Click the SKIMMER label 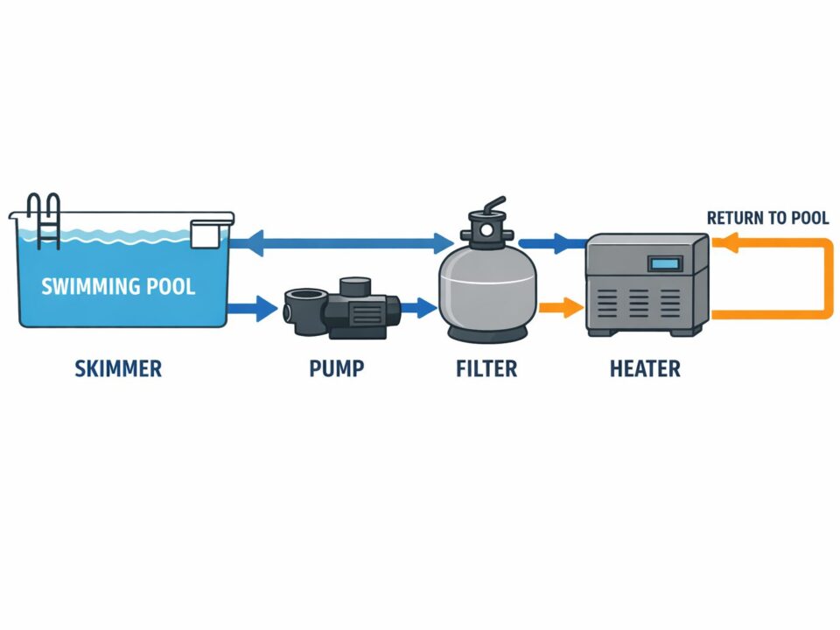117,368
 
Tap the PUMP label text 336,368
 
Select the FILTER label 486,368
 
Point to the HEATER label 645,368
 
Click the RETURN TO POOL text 767,218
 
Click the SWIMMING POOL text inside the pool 119,286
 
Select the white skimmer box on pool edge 206,234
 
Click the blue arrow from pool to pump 253,308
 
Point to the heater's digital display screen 665,262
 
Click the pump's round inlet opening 293,308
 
